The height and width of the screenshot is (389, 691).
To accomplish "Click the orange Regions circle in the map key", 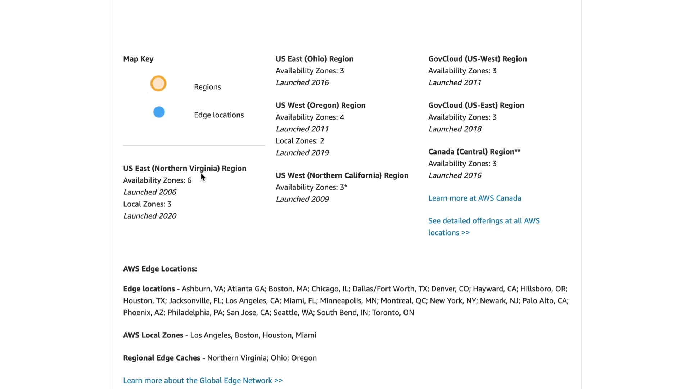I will [158, 84].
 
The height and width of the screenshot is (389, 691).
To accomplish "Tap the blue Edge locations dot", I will [159, 112].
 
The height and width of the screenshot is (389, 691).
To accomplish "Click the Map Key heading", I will [138, 59].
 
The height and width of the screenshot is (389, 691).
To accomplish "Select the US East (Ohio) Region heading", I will [315, 59].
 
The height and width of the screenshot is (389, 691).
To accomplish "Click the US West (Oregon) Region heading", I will [320, 105].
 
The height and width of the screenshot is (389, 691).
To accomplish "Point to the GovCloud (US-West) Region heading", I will [477, 59].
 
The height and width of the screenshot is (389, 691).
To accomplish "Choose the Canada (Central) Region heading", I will [474, 152].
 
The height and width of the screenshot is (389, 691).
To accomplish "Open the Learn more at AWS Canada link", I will [474, 198].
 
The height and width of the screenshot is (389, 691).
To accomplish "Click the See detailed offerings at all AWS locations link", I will [484, 221].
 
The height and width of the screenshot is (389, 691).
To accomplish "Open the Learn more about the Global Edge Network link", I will [203, 380].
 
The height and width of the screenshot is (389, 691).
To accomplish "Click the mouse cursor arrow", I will [203, 177].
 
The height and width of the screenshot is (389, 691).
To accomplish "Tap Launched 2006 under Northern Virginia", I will [150, 192].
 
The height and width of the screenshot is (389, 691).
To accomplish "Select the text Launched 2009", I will [302, 199].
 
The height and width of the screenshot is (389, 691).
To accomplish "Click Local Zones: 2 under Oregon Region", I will [300, 141].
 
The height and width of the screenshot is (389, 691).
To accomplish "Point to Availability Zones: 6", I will [157, 180].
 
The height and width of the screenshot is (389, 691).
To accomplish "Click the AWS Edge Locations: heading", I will [160, 269].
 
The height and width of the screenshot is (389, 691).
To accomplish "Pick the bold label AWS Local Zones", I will [153, 335].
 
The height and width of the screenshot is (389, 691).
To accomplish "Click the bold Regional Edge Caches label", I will [162, 358].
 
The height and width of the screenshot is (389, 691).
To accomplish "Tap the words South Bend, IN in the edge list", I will [342, 312].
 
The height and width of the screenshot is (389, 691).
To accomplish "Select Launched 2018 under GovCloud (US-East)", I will [455, 129].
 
